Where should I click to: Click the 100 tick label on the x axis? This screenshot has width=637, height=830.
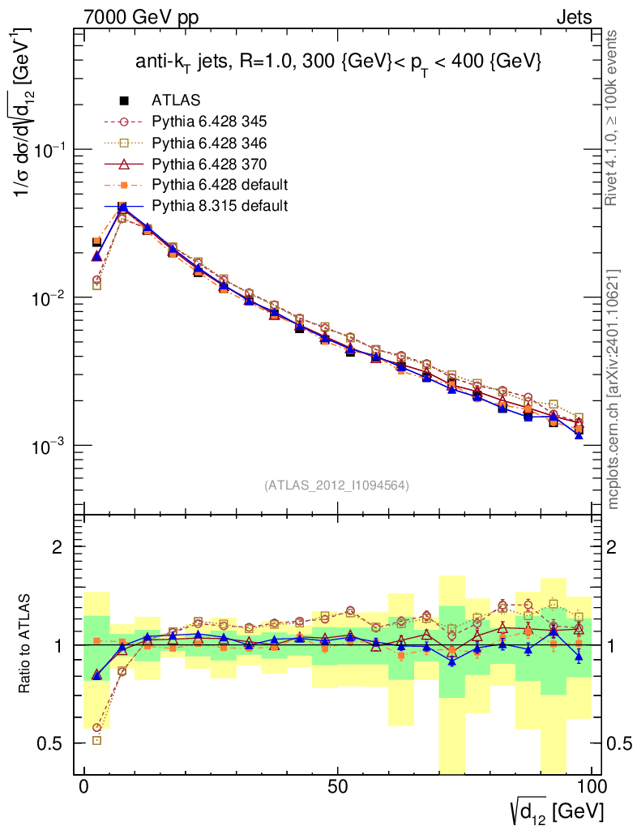(592, 787)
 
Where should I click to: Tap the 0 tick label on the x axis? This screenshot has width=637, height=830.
(84, 787)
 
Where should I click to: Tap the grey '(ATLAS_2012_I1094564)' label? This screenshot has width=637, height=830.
(336, 486)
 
